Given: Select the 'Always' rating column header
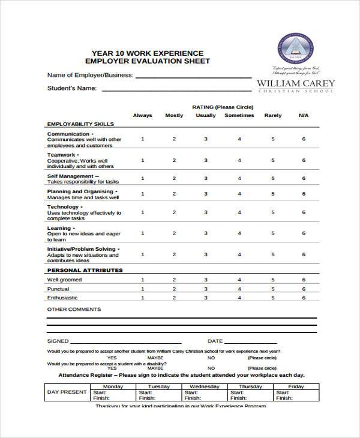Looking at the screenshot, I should click(142, 115).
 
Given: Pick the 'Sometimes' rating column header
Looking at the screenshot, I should click(239, 115).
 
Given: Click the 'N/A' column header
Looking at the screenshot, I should click(304, 115).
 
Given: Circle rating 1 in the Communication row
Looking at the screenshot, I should click(142, 139).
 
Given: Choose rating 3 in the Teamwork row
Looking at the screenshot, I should click(206, 160).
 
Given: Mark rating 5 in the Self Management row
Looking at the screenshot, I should click(272, 178).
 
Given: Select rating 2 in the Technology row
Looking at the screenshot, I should click(174, 212).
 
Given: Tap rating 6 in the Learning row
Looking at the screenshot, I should click(304, 233).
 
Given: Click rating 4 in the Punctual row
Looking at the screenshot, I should click(239, 289).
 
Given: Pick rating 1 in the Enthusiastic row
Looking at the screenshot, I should click(142, 298).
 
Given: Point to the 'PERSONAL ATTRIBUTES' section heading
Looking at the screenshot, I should click(85, 271).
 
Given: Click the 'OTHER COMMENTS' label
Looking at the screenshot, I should click(74, 310).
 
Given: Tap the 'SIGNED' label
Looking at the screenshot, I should click(58, 341).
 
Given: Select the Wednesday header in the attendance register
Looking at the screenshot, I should click(204, 386).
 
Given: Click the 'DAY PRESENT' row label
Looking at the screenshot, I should click(67, 392).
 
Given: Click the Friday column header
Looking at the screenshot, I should click(296, 386).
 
